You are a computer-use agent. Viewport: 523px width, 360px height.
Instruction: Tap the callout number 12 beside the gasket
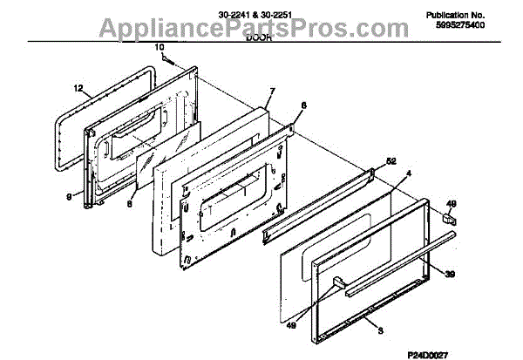click(x=78, y=89)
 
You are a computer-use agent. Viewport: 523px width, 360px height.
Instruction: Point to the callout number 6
click(x=303, y=105)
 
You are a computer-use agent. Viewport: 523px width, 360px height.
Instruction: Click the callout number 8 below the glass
click(x=130, y=204)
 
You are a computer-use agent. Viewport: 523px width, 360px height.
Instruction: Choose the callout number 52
click(x=390, y=161)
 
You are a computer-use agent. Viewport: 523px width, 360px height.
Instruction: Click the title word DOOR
click(x=259, y=39)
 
